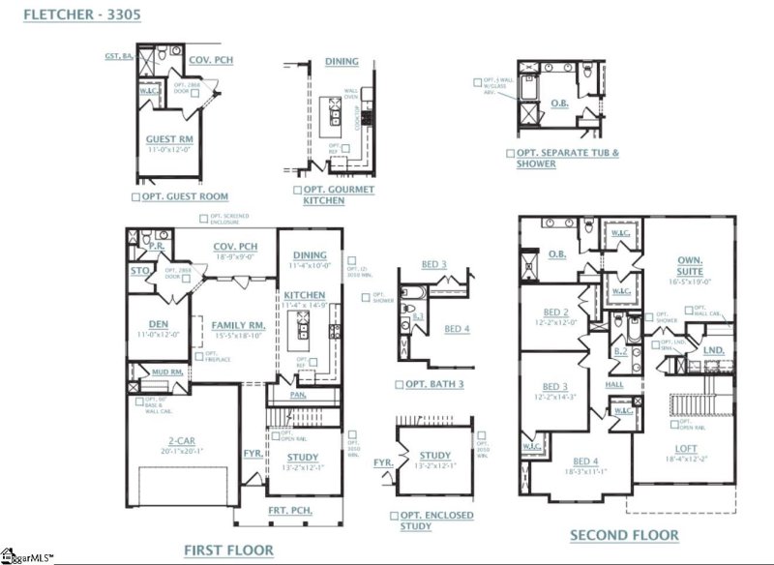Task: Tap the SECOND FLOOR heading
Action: (624, 535)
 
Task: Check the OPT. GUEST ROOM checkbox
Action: (134, 196)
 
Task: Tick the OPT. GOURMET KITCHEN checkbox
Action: (296, 191)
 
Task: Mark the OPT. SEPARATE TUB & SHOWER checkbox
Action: (509, 153)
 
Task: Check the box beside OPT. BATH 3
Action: (399, 384)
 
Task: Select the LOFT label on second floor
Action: (687, 448)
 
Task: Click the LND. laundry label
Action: (713, 350)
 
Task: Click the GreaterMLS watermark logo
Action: (29, 556)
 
